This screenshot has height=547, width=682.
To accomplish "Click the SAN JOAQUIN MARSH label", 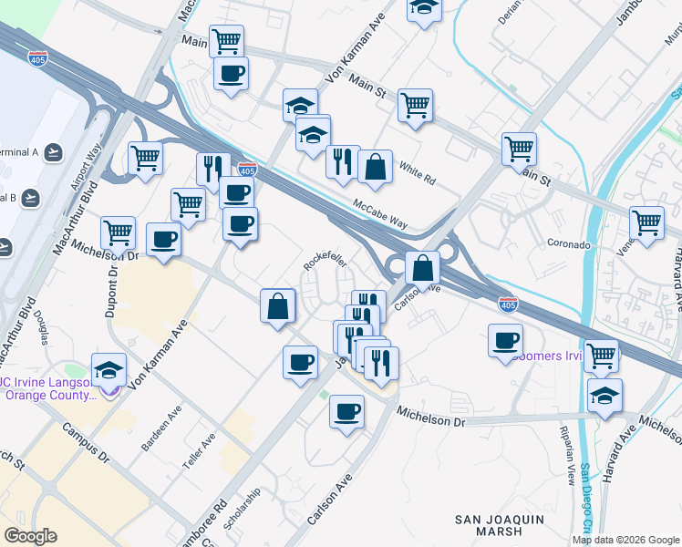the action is point(500,525).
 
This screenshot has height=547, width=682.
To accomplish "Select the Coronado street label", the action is point(570,245).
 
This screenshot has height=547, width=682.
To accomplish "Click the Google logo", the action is point(30,536).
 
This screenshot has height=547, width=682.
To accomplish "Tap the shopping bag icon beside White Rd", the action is point(375,167).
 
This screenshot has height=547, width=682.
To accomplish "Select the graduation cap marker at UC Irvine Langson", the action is point(108,371).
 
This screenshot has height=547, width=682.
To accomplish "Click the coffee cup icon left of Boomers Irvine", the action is point(505,341).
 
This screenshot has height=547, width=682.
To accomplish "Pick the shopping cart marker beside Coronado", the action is point(646,222).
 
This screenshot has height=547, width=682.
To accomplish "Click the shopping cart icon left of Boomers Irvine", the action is point(602,356).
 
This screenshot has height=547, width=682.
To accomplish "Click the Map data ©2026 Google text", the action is point(625,540).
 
